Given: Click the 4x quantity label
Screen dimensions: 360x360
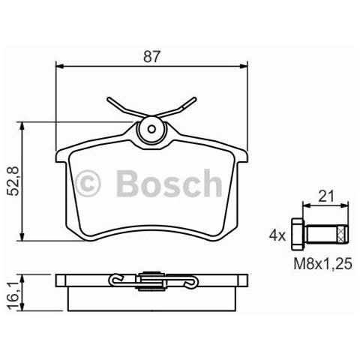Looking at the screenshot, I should pyautogui.click(x=277, y=235).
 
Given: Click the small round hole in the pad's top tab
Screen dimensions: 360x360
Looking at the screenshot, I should pyautogui.click(x=151, y=127).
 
